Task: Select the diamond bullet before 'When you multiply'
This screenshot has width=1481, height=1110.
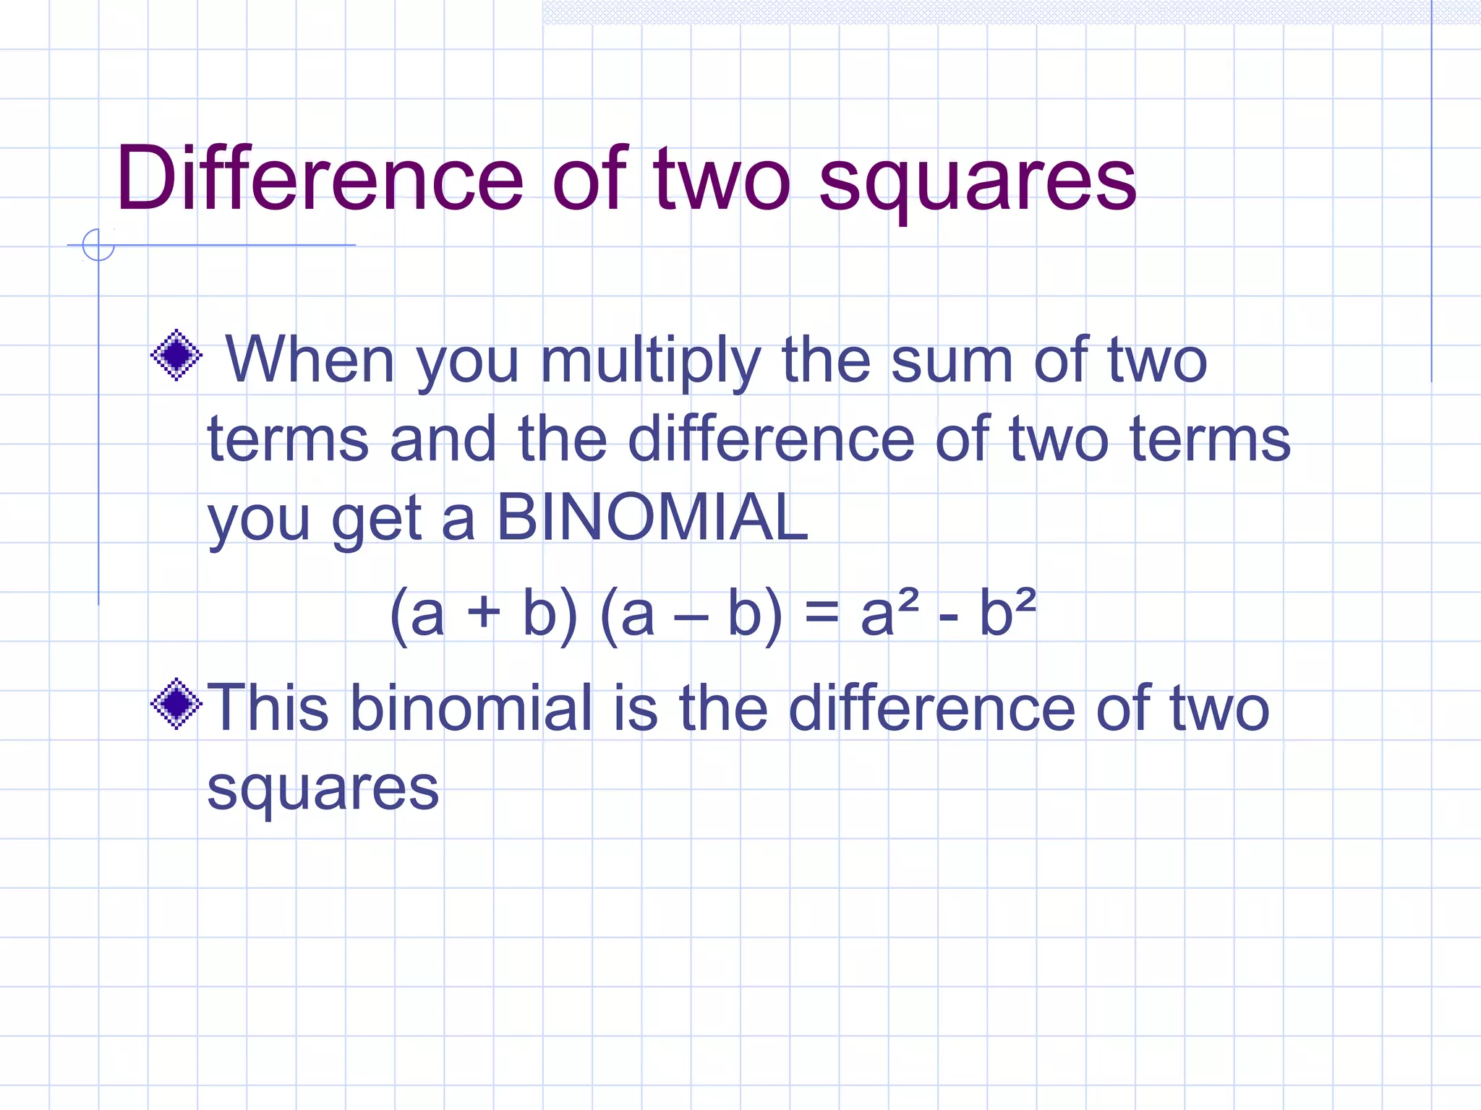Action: click(x=176, y=355)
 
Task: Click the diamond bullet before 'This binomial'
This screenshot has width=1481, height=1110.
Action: click(x=176, y=704)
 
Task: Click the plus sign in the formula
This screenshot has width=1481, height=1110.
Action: click(x=483, y=613)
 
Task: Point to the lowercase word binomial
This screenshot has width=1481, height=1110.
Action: click(x=471, y=707)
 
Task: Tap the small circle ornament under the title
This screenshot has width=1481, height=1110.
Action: click(x=98, y=245)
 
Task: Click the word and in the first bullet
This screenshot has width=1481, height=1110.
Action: click(x=443, y=439)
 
